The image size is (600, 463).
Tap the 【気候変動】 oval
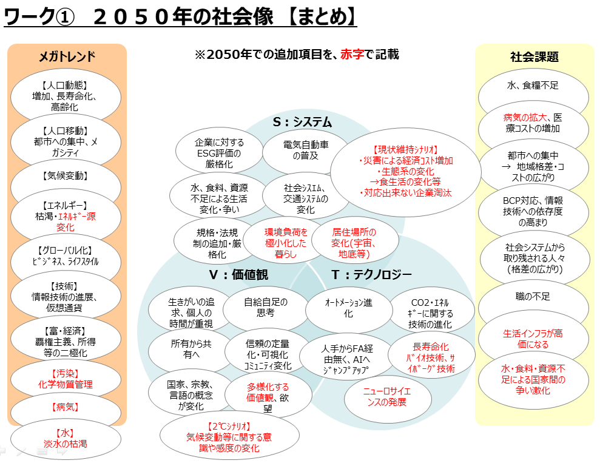(66, 176)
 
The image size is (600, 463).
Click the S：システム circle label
(302, 122)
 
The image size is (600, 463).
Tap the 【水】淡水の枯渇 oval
(65, 439)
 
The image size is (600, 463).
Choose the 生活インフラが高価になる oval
(534, 339)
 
